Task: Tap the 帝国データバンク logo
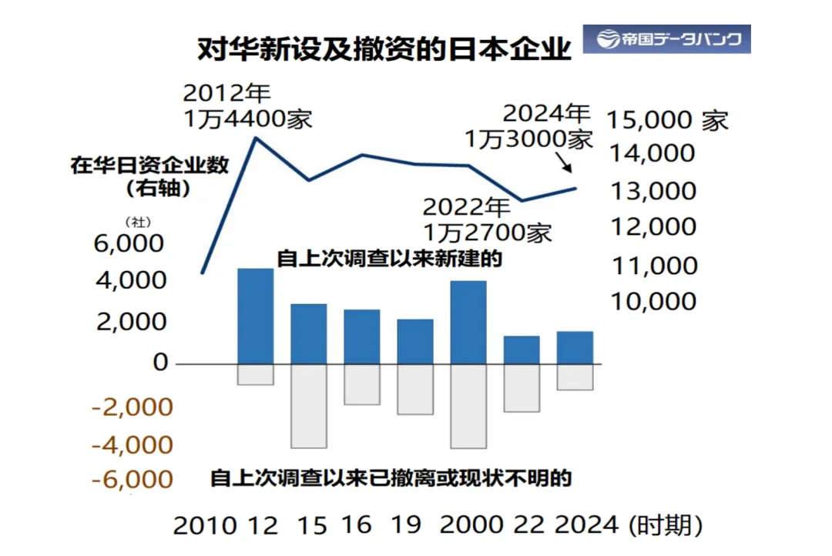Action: (x=666, y=39)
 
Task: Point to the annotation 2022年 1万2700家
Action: (x=486, y=219)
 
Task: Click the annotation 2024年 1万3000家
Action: (x=528, y=126)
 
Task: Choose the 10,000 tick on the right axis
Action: (x=653, y=301)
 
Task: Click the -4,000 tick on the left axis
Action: (x=132, y=445)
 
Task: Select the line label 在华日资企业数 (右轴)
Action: (x=149, y=176)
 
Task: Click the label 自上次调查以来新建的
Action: (x=389, y=259)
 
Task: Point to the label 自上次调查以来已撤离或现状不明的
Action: (x=391, y=478)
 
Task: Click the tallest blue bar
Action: (x=255, y=316)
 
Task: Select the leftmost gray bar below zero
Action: (x=255, y=374)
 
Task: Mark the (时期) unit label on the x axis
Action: (x=666, y=526)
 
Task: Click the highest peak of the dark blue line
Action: (x=255, y=138)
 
